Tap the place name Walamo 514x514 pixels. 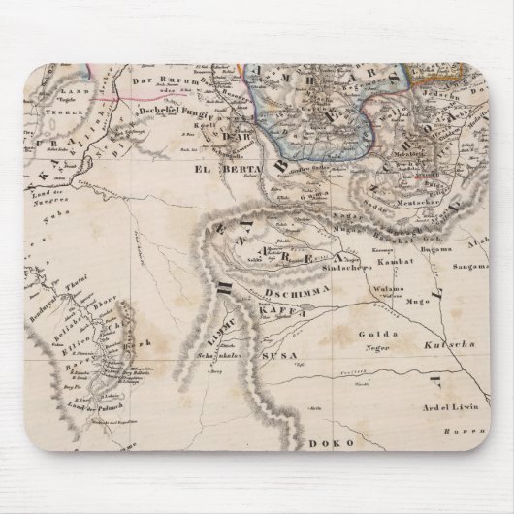pyautogui.click(x=393, y=289)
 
